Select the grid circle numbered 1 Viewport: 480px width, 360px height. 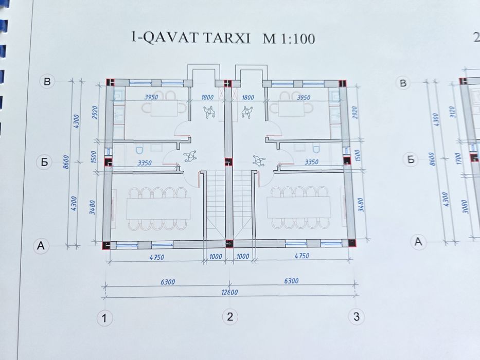[105, 318]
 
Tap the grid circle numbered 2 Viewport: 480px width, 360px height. [230, 317]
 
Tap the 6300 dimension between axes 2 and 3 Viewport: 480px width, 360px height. [291, 281]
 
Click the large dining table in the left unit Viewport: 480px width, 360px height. [158, 208]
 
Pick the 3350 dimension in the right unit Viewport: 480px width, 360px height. [312, 162]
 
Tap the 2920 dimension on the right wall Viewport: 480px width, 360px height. [357, 113]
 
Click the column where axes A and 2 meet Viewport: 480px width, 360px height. [230, 244]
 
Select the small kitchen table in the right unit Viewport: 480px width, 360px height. [290, 108]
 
